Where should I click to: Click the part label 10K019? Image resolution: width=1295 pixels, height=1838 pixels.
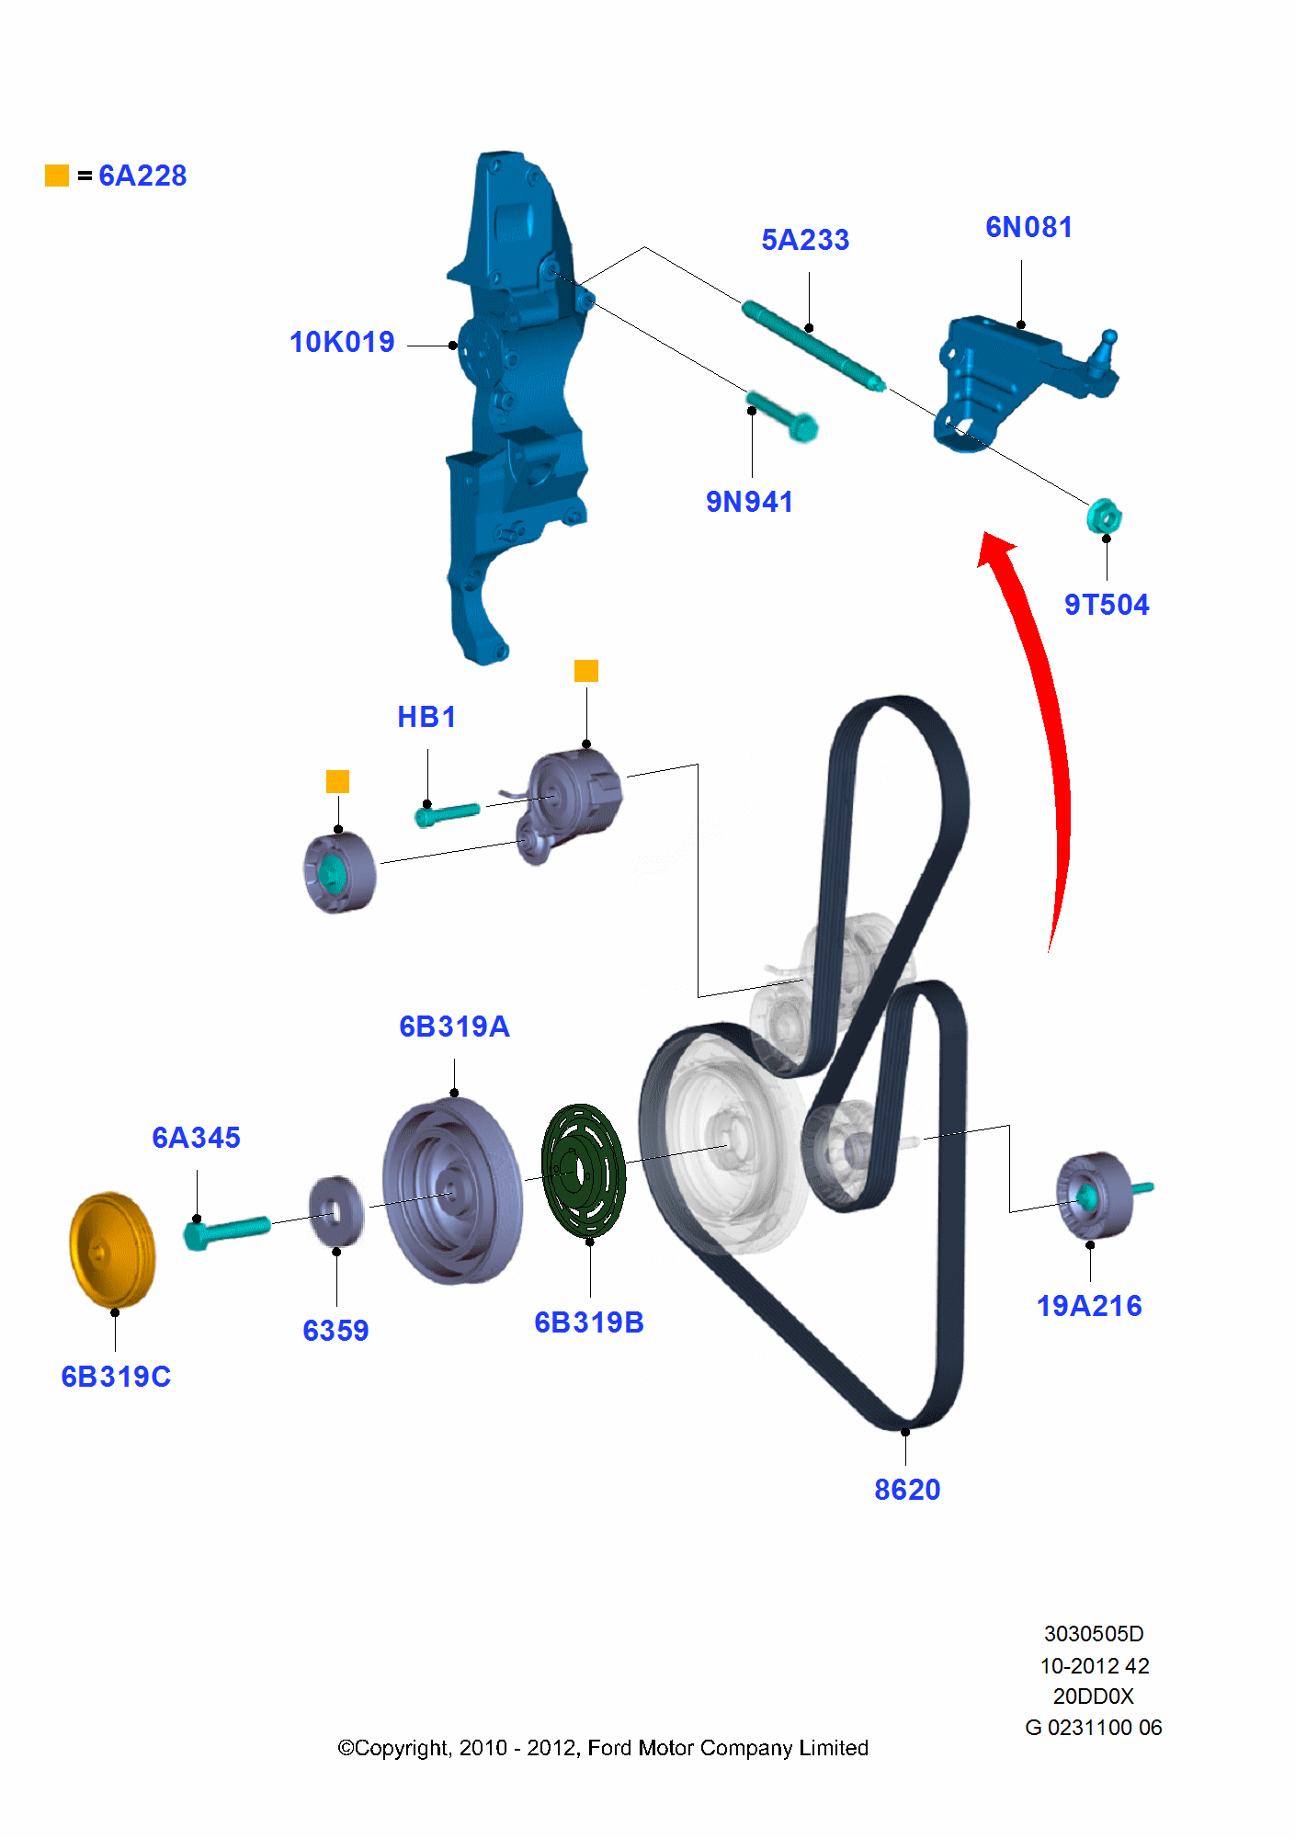pos(342,342)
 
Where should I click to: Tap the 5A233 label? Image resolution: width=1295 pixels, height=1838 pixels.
pos(805,240)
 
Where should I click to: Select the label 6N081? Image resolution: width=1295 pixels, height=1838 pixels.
pos(1028,227)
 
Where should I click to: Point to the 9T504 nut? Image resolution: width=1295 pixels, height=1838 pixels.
pos(1103,516)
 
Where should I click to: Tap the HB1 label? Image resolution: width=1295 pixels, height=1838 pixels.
pos(426,717)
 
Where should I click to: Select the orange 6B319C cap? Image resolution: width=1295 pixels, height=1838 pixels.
pos(112,1250)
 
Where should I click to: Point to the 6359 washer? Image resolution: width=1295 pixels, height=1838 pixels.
pos(335,1211)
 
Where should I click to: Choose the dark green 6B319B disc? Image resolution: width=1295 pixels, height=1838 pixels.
pos(584,1171)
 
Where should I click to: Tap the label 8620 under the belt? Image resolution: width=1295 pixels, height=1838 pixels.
pos(907,1490)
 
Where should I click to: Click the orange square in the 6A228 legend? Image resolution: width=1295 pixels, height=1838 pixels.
pos(57,176)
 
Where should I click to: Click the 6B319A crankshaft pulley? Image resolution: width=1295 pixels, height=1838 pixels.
pos(452,1191)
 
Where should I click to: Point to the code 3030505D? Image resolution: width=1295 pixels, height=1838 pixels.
pos(1094,1634)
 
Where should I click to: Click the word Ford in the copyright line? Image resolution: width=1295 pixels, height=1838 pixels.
pos(610,1748)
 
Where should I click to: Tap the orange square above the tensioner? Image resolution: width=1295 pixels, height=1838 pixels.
pos(586,671)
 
